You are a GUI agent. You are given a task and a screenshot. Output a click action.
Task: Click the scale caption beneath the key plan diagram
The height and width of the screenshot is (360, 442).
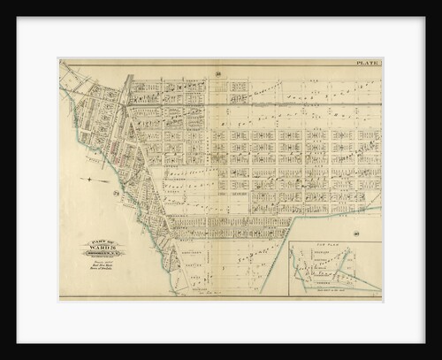(333, 292)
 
